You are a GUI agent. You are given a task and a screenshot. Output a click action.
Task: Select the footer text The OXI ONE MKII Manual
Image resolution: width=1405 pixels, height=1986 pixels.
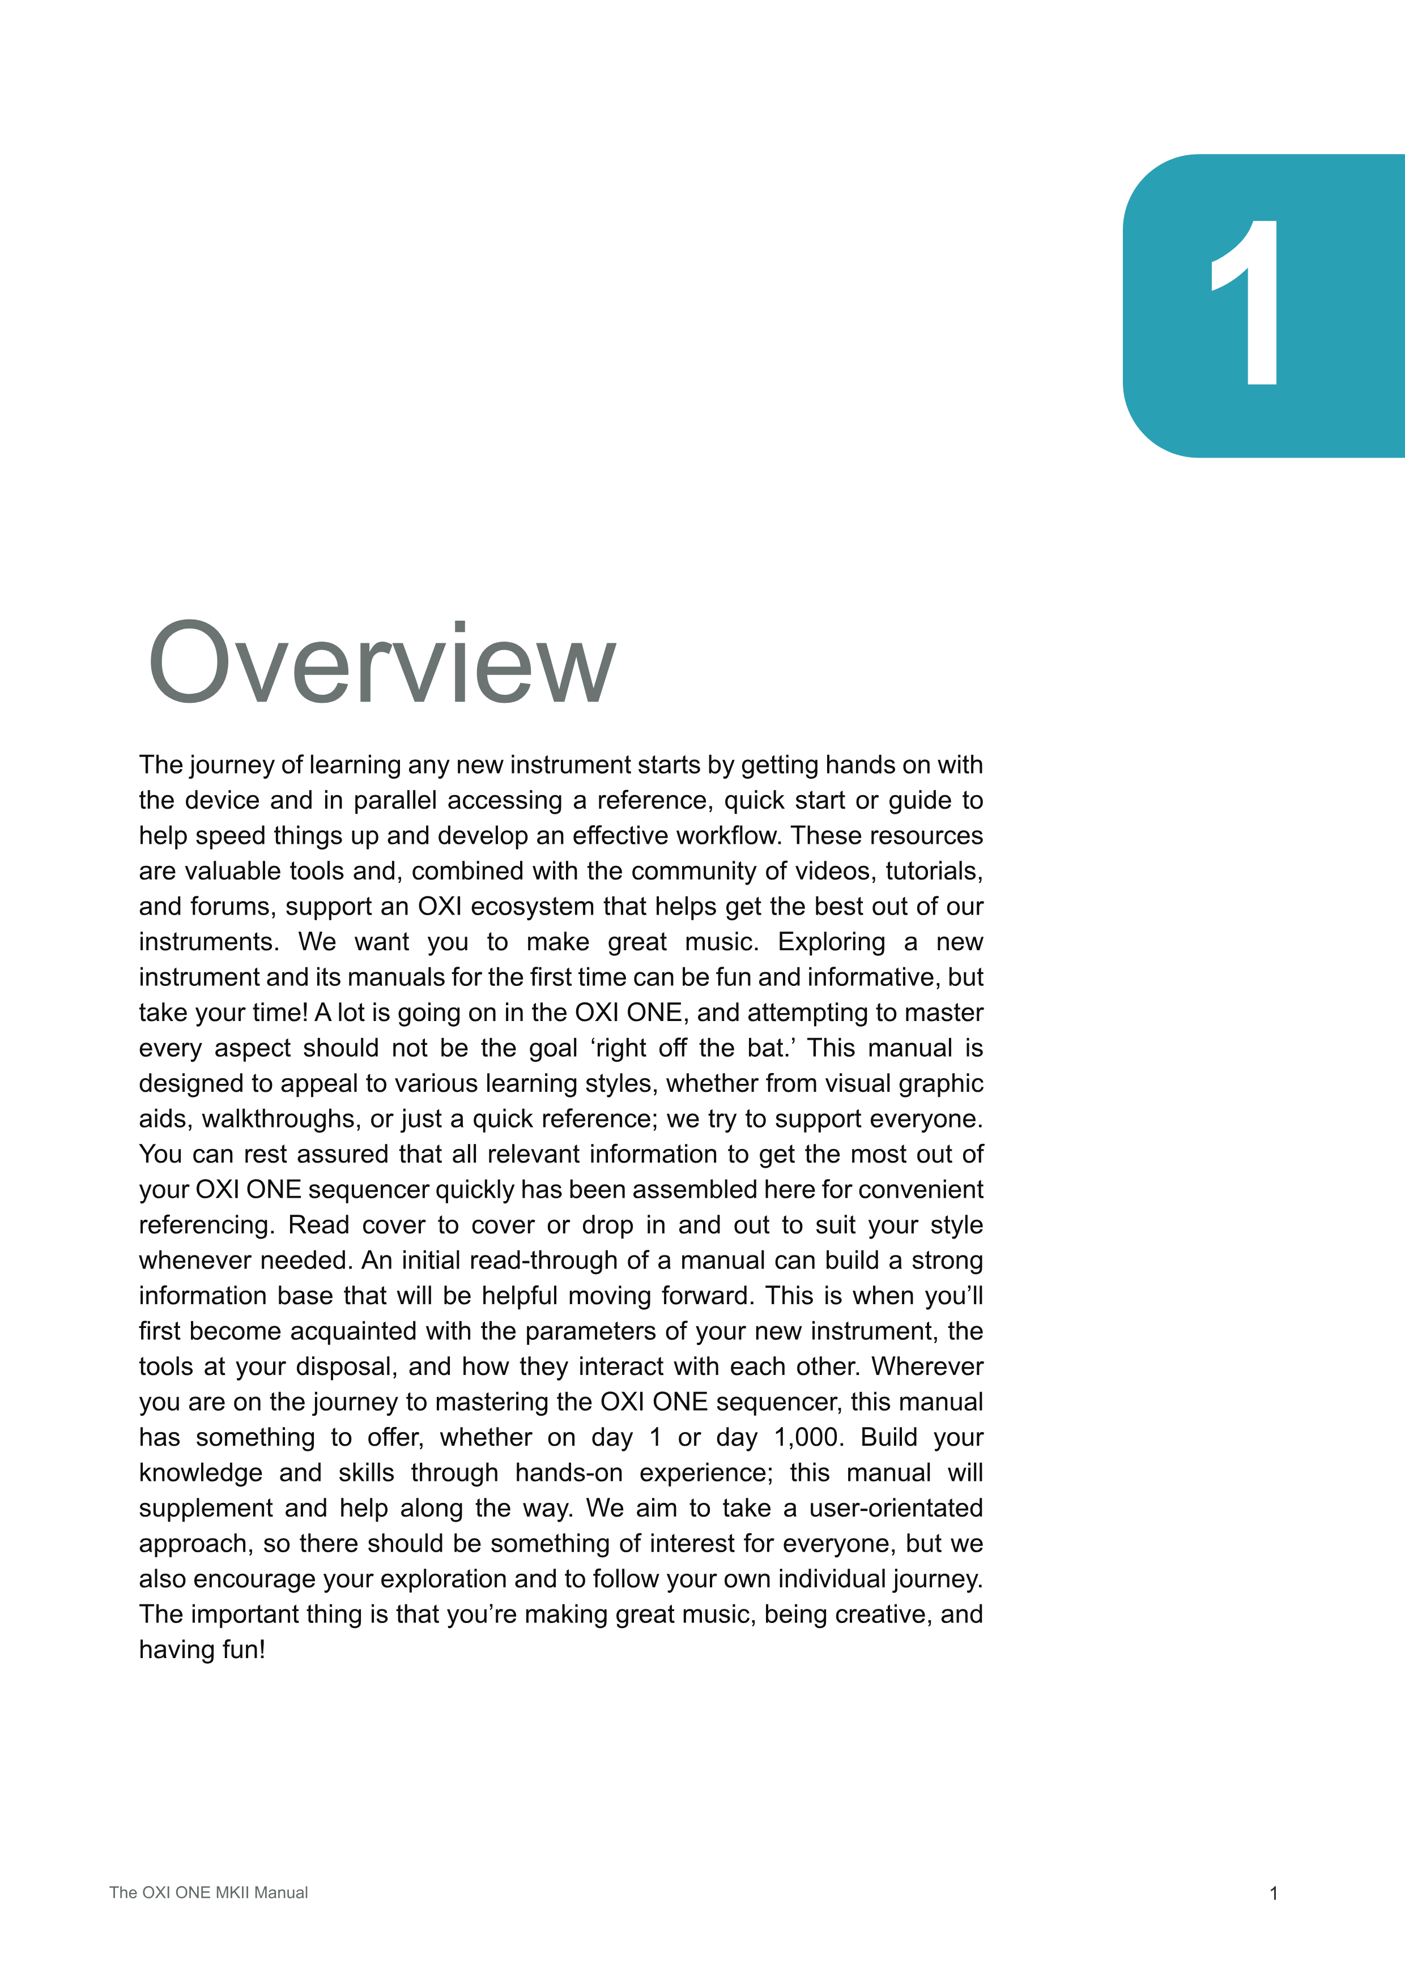pos(208,1893)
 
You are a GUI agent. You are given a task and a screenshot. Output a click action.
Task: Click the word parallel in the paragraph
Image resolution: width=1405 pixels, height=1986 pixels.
pos(394,800)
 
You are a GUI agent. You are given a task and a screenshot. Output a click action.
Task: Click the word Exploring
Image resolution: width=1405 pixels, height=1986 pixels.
pos(831,942)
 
